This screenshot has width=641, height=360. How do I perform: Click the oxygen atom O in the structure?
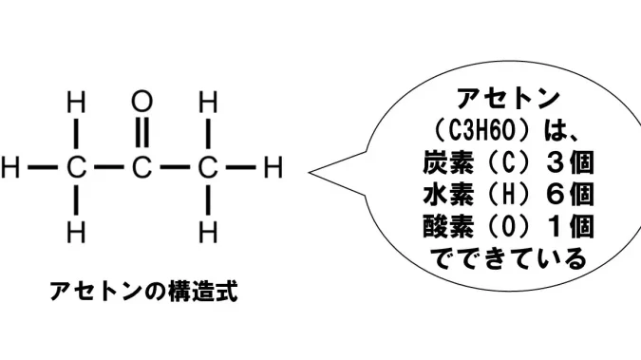coord(141,102)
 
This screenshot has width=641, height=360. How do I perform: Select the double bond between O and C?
coord(141,133)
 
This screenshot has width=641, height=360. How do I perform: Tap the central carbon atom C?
coord(141,167)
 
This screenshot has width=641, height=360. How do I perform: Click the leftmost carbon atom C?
coord(77,167)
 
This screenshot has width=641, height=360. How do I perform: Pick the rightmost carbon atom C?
coord(208,167)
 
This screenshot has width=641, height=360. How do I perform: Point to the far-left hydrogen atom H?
coord(10,167)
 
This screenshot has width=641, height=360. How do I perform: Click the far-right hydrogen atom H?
coord(273,167)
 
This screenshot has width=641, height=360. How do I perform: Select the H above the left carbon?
coord(77,102)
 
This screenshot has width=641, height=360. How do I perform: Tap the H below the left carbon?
coord(77,233)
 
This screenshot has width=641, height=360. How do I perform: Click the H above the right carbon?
coord(208,102)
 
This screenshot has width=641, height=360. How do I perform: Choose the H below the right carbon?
coord(208,233)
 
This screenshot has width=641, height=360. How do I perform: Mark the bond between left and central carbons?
coord(109,167)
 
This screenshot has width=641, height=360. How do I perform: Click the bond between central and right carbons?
coord(175,167)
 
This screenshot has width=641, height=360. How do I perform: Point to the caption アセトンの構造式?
coord(144,292)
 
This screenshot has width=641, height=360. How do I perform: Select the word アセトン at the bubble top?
coord(508,99)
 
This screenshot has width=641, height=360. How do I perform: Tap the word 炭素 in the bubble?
coord(448,162)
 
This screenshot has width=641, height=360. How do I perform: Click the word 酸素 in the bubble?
coord(448,226)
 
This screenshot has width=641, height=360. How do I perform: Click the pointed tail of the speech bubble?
coord(311,173)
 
